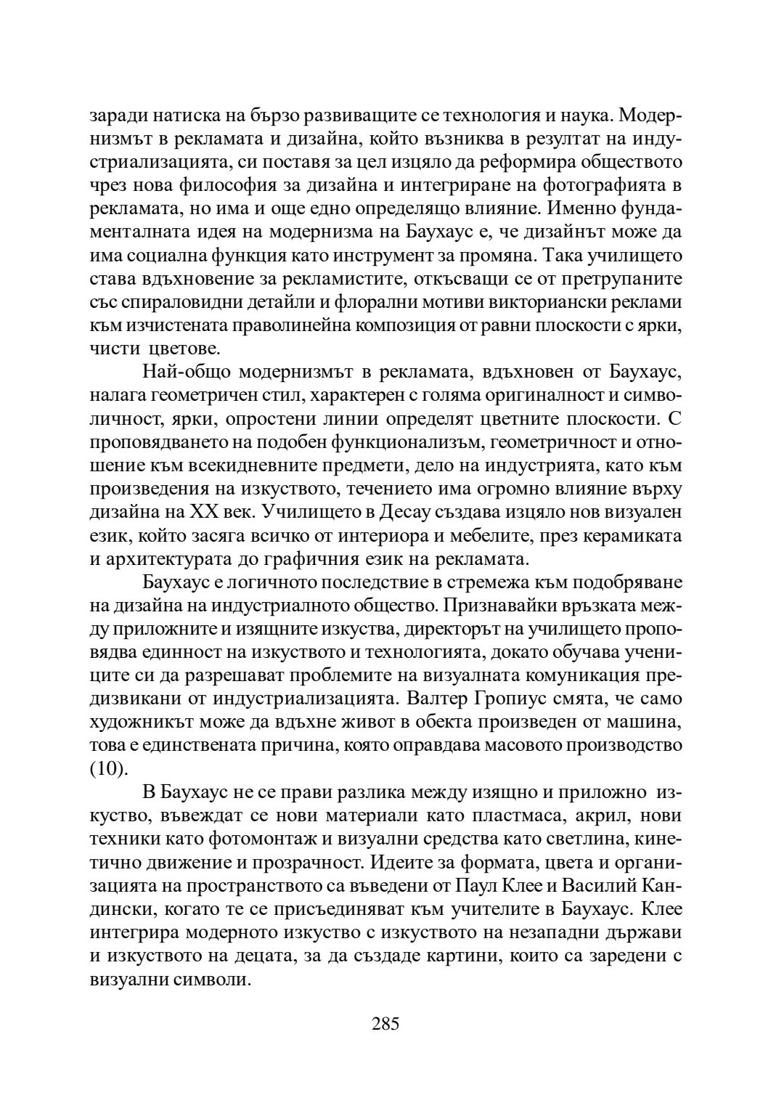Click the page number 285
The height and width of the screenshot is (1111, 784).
385,1025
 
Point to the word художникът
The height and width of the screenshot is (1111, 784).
139,723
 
